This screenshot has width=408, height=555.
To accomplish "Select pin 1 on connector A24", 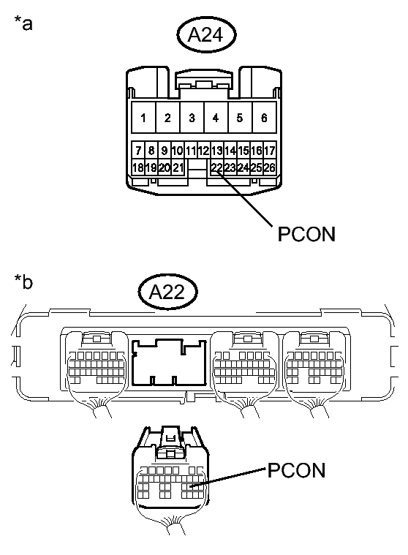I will coord(144,118).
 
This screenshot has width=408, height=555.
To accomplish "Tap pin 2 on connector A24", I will coord(168,118).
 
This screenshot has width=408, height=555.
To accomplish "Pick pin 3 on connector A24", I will coord(192,118).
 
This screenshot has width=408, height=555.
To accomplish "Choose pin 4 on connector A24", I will coord(216,118).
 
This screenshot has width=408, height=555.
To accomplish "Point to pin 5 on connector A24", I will coord(240,118).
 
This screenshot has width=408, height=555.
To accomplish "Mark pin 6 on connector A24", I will coord(263,118).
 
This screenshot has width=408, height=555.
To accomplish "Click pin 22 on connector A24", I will coord(216,167).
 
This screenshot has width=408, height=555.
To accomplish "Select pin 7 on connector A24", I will coord(137,151).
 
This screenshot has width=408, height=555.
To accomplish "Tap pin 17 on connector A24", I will coord(270,151).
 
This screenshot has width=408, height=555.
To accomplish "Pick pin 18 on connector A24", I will coord(137,167).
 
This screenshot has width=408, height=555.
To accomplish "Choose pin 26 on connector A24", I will coord(270,167).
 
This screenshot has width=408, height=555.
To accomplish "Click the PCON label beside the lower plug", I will coord(296,470).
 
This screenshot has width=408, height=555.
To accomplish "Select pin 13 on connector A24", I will coord(216,151).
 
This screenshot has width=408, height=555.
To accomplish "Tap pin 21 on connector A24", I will coord(177,167).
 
